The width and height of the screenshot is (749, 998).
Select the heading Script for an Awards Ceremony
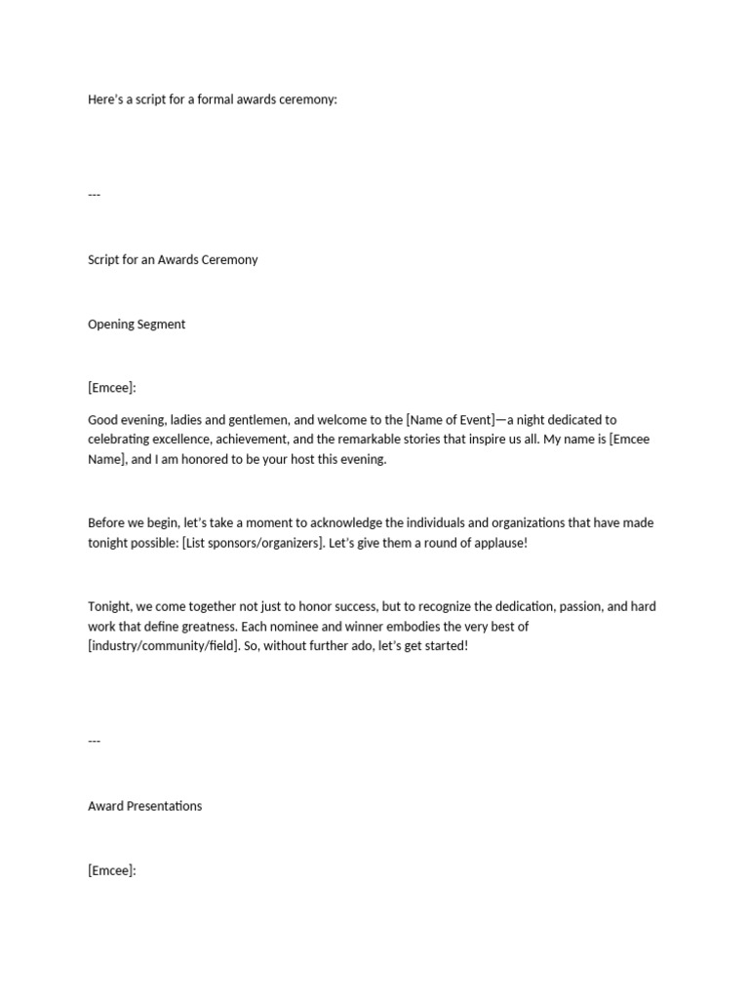pos(173,260)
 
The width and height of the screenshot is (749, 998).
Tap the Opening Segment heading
pos(137,325)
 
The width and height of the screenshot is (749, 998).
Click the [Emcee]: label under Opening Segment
pos(112,388)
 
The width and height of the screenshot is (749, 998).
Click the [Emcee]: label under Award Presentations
pos(112,870)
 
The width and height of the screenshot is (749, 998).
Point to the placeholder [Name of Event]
pos(450,420)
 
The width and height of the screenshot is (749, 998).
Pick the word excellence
pos(184,440)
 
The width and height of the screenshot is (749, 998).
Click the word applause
pos(497,543)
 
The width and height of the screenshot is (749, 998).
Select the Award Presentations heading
pos(145,807)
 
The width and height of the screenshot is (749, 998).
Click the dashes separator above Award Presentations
pos(95,741)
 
